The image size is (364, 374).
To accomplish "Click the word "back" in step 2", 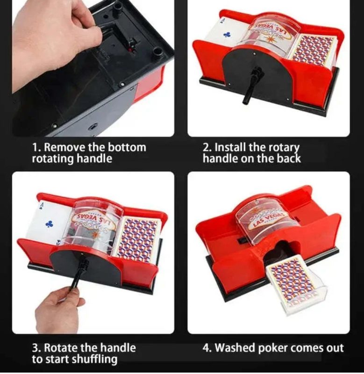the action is (289, 158).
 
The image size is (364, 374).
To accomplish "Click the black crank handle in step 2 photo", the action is (253, 85).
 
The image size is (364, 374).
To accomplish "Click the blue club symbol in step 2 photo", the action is (227, 35).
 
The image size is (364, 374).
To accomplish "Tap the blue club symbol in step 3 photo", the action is (50, 224).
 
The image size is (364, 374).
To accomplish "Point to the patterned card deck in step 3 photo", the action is (138, 238).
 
